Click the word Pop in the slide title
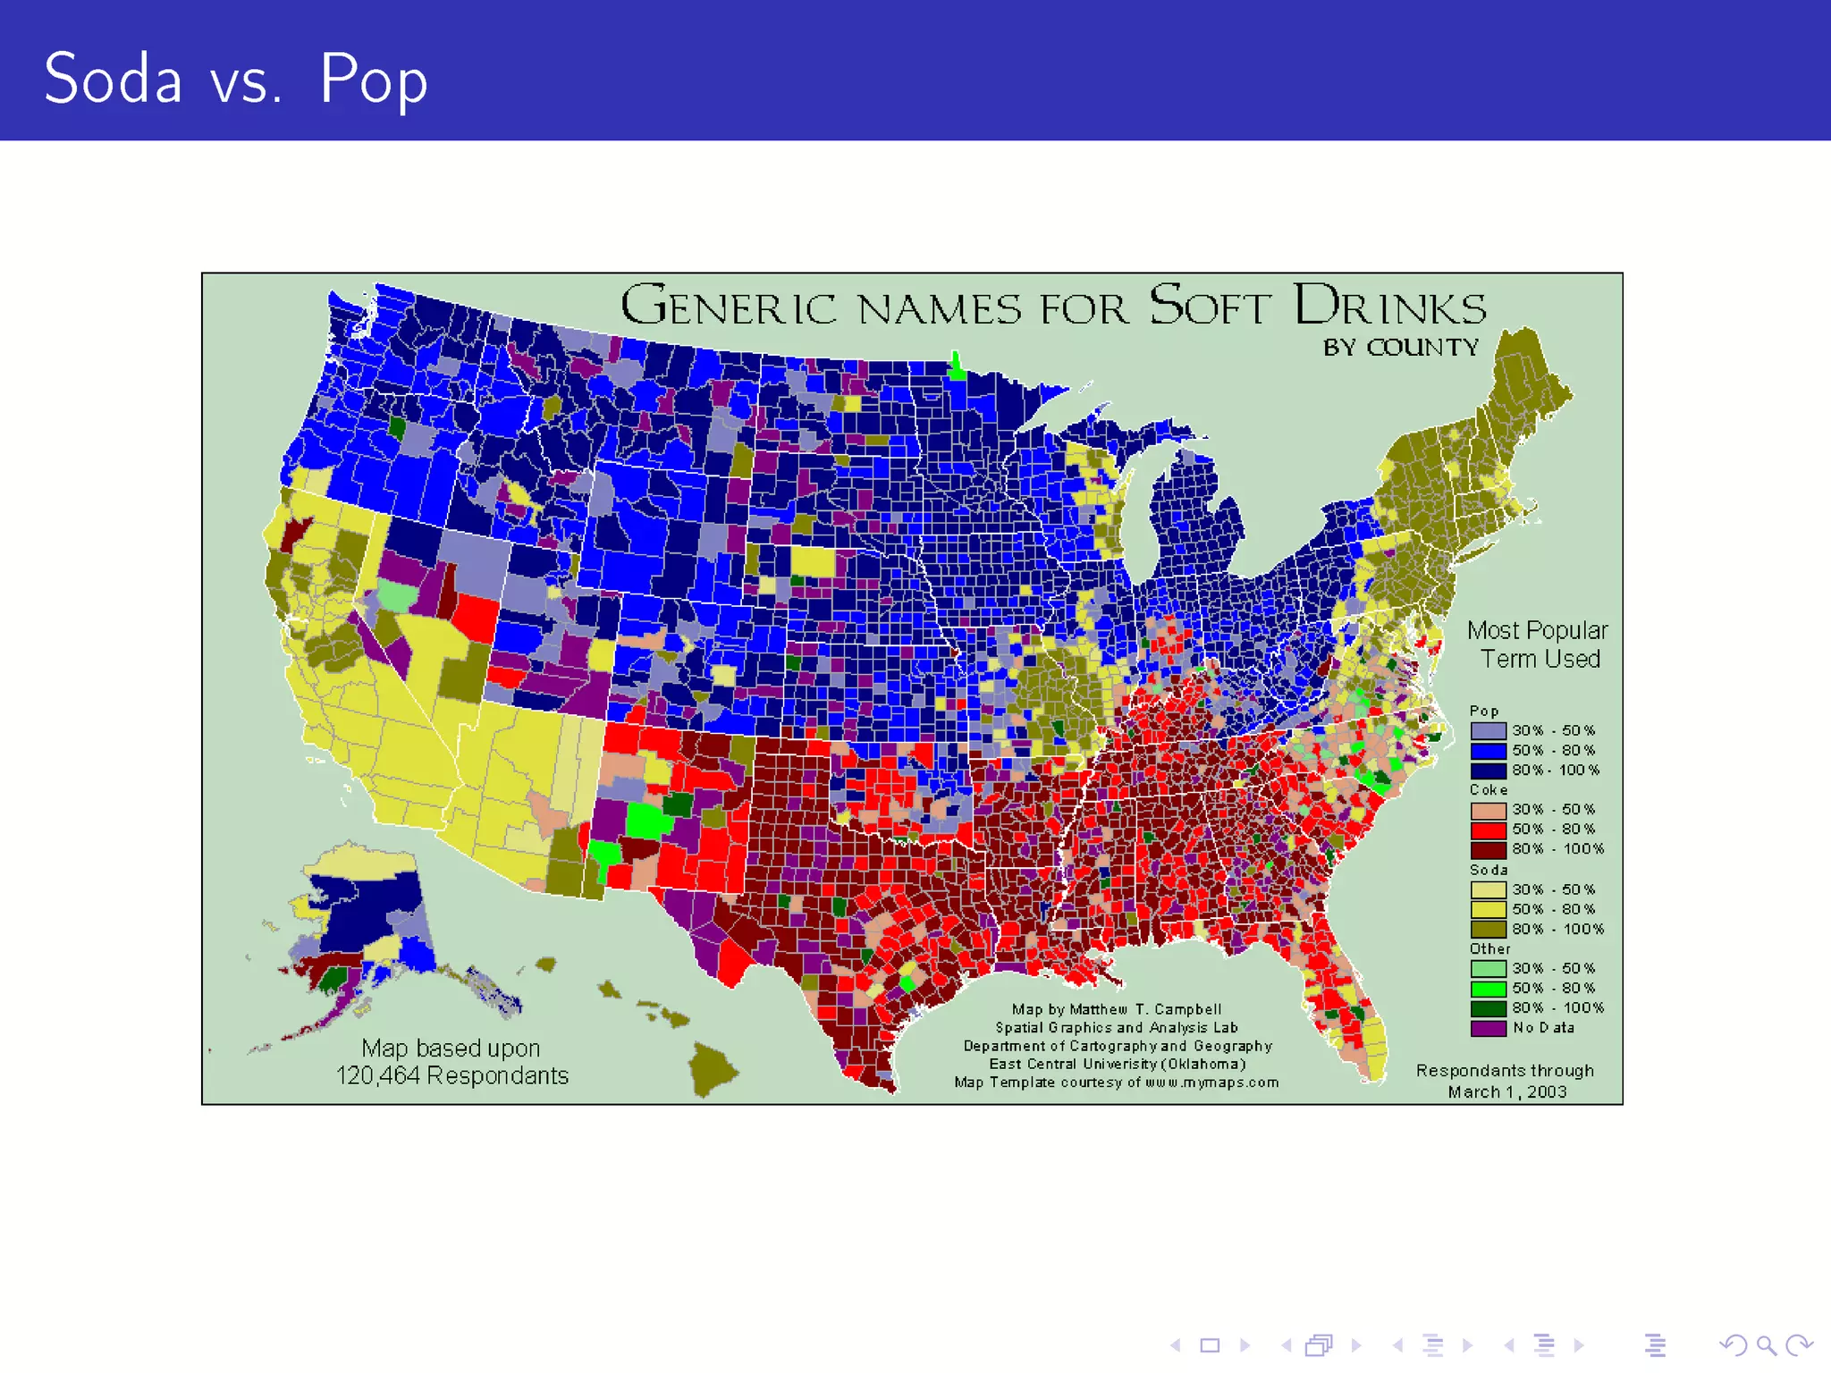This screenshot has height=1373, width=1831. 374,80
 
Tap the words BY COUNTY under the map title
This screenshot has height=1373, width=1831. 1401,347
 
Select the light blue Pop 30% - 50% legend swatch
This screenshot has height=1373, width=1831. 1488,731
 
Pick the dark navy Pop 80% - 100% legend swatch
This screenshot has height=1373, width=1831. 1488,771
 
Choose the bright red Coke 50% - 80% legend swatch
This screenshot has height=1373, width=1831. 1488,830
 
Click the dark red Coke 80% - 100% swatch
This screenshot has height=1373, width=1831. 1488,849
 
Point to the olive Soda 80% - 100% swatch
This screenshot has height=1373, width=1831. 1488,930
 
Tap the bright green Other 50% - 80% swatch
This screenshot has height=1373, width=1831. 1488,989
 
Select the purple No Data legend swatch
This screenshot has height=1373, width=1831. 1488,1028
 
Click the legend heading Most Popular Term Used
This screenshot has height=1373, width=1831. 1538,644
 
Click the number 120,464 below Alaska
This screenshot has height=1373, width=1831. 377,1075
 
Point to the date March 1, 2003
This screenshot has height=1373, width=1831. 1507,1092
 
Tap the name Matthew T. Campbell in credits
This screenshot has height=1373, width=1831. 1145,1009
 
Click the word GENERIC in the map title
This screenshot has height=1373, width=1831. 728,306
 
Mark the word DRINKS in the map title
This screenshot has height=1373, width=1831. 1389,306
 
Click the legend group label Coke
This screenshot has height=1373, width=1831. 1489,790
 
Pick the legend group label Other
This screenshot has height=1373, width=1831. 1489,949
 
